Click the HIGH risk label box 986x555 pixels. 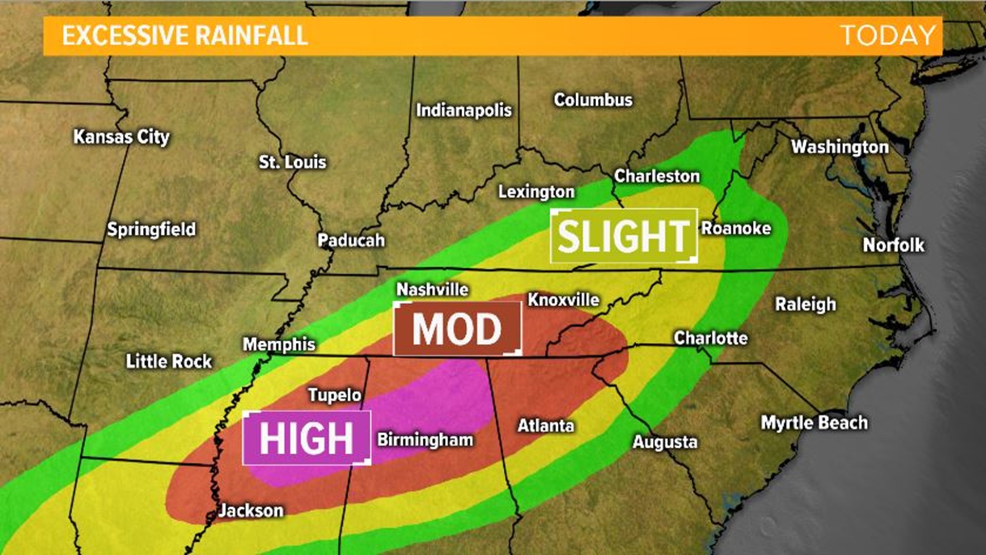307,438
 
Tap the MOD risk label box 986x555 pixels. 457,329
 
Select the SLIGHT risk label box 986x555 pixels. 623,236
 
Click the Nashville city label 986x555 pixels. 432,289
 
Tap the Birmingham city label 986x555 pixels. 425,440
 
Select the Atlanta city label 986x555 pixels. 545,425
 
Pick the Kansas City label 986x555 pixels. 121,137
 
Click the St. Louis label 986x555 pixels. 292,162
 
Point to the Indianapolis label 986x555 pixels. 464,110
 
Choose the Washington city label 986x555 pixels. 840,147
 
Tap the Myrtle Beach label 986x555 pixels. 814,423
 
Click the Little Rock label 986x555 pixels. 169,361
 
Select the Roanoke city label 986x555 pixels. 736,228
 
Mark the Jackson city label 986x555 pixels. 251,510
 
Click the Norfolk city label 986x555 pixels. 894,245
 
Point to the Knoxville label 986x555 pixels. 563,300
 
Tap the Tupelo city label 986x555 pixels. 335,395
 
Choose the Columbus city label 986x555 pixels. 593,100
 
